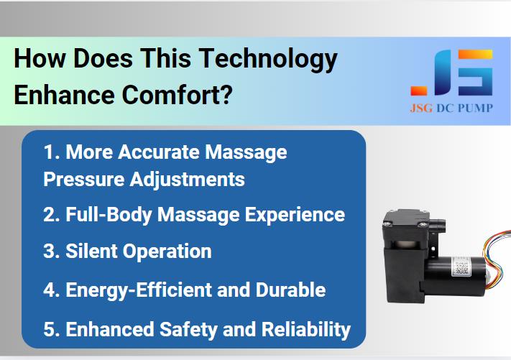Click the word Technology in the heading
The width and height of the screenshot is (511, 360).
(268, 60)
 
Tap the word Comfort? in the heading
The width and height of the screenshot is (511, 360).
(178, 95)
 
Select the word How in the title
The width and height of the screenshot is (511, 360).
(40, 58)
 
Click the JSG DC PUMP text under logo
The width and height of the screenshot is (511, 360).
(451, 108)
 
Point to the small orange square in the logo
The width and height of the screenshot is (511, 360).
(419, 91)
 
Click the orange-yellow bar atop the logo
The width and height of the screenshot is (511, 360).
(475, 55)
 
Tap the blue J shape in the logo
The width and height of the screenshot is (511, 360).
(443, 73)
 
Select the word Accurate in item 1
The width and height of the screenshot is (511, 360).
(158, 152)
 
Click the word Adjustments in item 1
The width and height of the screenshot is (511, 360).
(188, 180)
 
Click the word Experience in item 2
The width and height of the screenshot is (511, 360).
(295, 216)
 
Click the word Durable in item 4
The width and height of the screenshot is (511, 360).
(290, 290)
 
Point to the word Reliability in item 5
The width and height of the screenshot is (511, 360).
(306, 329)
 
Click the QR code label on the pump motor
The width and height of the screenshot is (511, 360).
(461, 267)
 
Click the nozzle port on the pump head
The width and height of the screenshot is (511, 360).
(438, 223)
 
